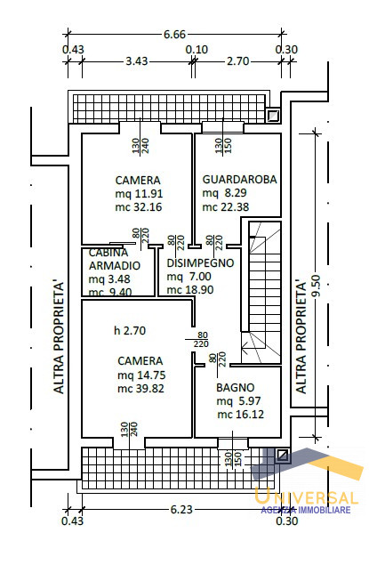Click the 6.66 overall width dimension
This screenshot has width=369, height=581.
[174, 35]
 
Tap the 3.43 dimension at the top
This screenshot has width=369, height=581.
[137, 61]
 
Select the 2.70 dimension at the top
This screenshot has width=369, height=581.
[237, 61]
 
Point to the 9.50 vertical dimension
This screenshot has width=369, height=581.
[317, 286]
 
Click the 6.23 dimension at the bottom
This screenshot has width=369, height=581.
[181, 510]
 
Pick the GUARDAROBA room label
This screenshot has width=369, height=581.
[239, 180]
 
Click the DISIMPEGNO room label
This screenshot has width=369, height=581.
[200, 263]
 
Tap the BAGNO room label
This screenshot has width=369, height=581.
[236, 388]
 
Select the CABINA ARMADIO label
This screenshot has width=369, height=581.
[115, 259]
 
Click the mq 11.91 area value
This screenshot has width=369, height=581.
[139, 193]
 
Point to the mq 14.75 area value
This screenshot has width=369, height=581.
[141, 375]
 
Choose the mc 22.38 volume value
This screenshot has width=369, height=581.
[225, 206]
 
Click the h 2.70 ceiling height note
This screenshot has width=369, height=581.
[130, 330]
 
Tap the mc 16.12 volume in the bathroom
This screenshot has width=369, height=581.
[241, 415]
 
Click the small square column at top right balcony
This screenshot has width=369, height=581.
[274, 116]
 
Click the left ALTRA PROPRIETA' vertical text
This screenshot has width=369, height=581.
[59, 337]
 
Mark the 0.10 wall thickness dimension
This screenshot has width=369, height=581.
[197, 49]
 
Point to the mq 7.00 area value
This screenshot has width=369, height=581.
[189, 277]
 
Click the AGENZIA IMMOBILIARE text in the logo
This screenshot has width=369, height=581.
[306, 510]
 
